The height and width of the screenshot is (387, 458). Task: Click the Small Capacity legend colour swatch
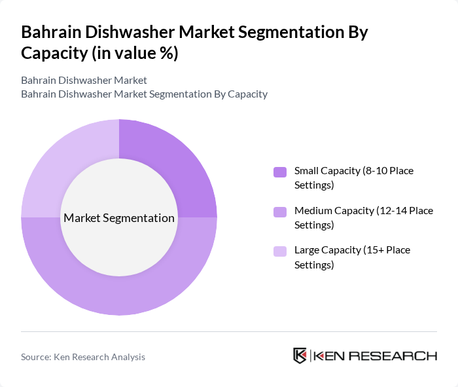pos(280,172)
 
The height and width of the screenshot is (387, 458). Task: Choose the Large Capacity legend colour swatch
pos(280,251)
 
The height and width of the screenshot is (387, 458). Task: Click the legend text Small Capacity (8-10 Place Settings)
pos(353,177)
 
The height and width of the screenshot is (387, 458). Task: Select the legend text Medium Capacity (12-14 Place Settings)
pos(363,217)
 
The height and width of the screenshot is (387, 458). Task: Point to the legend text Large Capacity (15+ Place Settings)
pos(352,257)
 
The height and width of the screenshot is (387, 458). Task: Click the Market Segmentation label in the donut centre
pos(119,218)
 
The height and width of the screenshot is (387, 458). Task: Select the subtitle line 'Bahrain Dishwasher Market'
pos(84,81)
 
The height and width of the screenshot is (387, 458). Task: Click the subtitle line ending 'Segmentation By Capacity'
pos(144,94)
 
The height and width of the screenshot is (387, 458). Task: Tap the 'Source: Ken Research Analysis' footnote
pos(83,357)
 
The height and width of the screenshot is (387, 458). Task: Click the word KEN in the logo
pos(329,356)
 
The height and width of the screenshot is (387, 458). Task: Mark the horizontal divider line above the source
pos(229,331)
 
